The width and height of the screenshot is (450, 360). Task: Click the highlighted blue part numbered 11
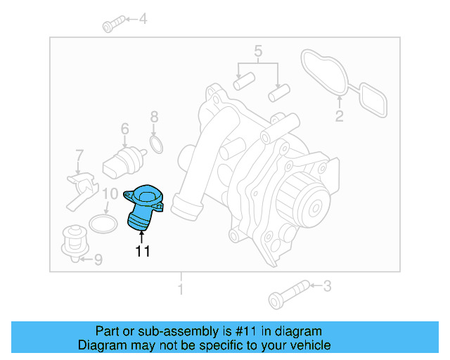click(x=144, y=207)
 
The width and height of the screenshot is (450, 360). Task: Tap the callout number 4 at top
click(x=143, y=20)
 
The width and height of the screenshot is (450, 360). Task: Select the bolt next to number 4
click(x=112, y=26)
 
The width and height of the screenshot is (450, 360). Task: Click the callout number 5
click(x=258, y=51)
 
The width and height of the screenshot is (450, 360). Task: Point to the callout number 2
click(x=339, y=117)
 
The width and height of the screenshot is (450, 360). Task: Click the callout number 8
click(x=155, y=117)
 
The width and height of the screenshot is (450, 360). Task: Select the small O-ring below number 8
click(x=157, y=146)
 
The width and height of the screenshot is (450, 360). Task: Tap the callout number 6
click(x=124, y=129)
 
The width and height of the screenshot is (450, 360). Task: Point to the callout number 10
click(x=110, y=194)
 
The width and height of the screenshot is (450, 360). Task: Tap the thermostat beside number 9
click(x=72, y=241)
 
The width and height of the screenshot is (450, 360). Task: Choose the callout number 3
click(x=326, y=285)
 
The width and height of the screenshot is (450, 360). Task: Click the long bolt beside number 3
click(x=288, y=292)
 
